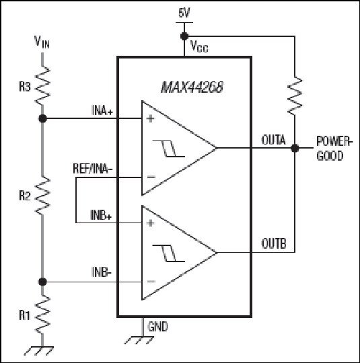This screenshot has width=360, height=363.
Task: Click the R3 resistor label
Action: pos(25,87)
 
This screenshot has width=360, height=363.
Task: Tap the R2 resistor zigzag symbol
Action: pos(42,196)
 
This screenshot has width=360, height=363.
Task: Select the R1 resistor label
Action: pos(25,315)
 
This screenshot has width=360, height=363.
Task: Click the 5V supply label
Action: pos(184,13)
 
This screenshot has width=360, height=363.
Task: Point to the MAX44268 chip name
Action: pos(192,87)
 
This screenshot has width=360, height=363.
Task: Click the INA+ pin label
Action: pos(102,110)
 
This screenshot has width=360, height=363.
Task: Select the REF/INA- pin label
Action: pos(93,169)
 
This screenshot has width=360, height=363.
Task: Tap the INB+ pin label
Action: pos(101,215)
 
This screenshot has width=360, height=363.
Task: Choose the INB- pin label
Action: pos(102,272)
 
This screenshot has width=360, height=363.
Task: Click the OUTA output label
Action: pos(274,140)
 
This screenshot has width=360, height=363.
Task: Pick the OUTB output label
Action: pos(274,243)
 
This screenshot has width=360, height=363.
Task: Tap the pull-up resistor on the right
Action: pos(295,95)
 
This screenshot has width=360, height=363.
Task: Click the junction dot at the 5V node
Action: pos(184,36)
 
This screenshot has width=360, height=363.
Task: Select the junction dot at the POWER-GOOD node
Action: pos(295,148)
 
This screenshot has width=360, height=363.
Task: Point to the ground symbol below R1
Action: pos(39,350)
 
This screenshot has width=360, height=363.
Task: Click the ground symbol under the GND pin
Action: pos(139,340)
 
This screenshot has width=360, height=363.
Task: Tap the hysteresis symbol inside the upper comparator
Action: pos(168,149)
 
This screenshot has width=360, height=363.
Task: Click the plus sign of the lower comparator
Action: pos(151,223)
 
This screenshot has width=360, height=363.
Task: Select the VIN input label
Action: pos(42,42)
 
